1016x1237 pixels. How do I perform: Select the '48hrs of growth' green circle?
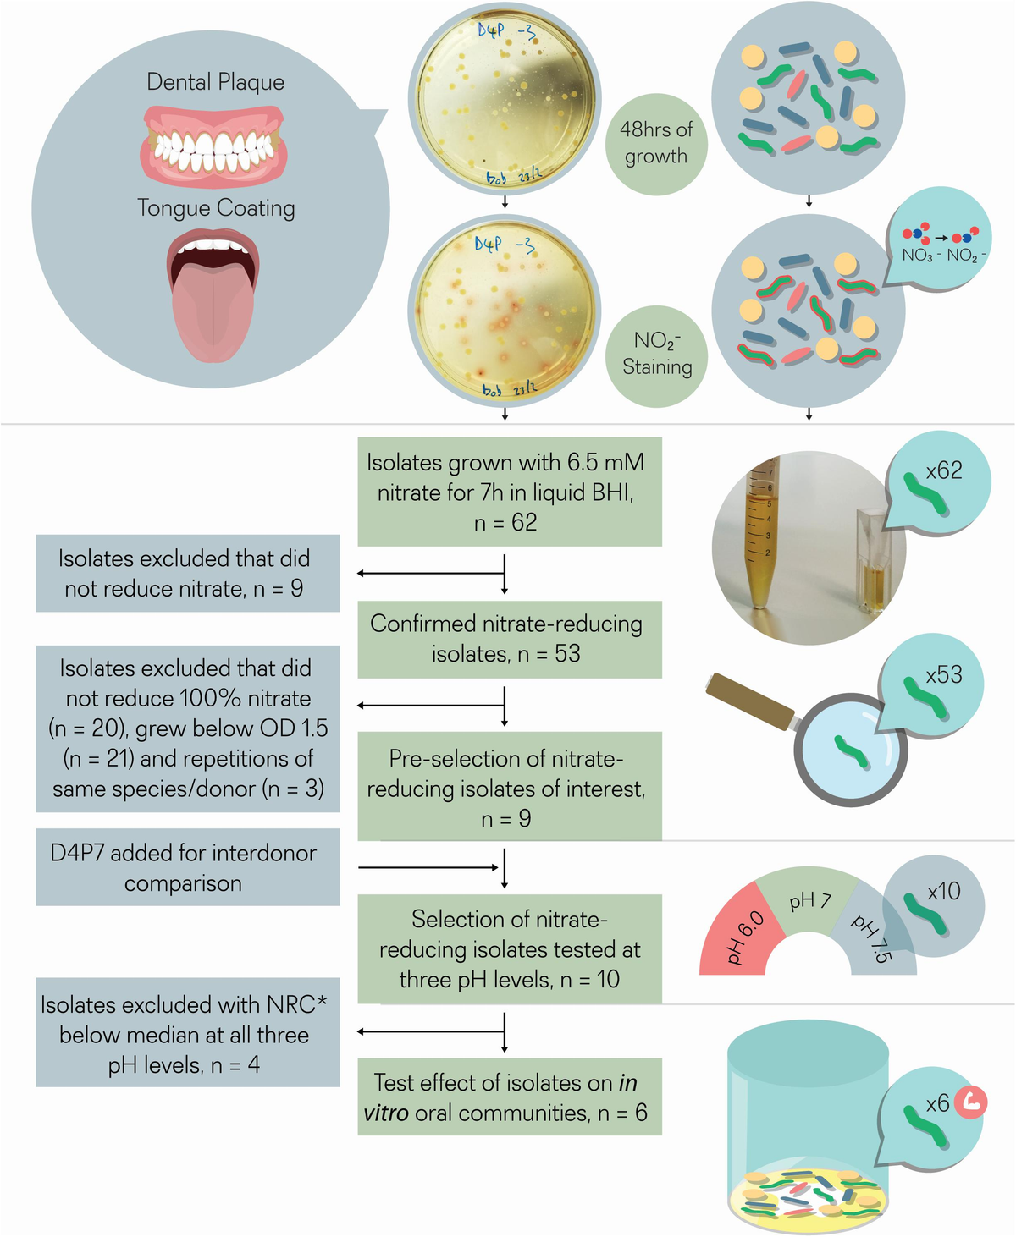tap(655, 144)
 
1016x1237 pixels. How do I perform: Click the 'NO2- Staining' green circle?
tap(656, 355)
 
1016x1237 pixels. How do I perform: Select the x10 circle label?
tap(936, 905)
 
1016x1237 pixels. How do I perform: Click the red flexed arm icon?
tap(970, 1102)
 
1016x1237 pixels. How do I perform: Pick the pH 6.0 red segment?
tap(735, 935)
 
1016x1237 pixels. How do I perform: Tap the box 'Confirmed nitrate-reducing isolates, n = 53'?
tap(509, 639)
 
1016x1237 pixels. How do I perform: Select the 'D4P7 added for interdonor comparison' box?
tap(187, 867)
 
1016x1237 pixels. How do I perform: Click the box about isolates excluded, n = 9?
tap(187, 573)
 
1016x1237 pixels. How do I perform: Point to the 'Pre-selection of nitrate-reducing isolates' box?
tap(509, 787)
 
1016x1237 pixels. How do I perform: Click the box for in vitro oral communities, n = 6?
tap(509, 1097)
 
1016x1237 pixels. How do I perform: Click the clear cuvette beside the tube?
tap(872, 563)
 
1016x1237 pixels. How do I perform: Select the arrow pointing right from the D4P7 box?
tap(428, 867)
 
